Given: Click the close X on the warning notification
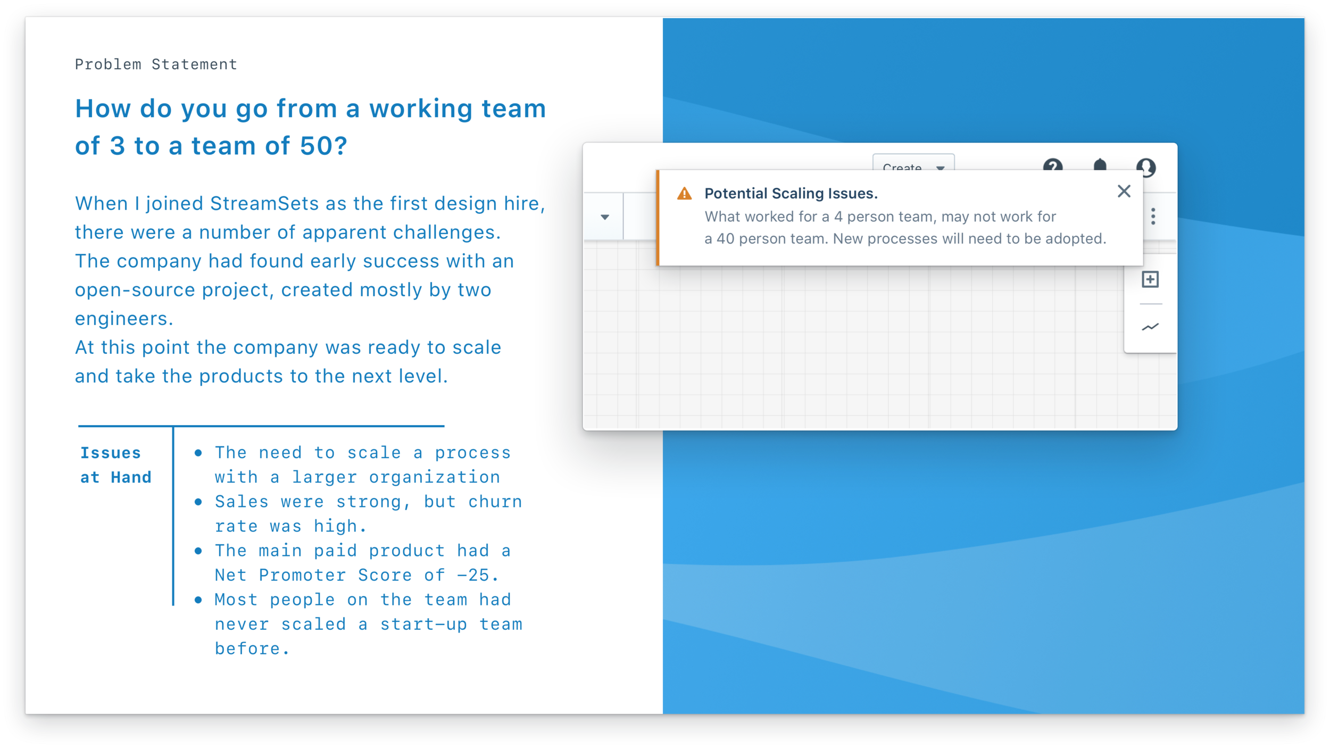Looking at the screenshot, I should tap(1124, 192).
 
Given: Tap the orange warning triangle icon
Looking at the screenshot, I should tap(684, 194).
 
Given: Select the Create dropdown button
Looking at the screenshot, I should tap(913, 165).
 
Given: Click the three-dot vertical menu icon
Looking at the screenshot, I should tap(1153, 217).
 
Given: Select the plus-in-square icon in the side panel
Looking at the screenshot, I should tap(1150, 279).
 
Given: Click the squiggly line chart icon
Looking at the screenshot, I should tap(1150, 327).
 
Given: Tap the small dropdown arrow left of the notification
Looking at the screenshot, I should tap(605, 217).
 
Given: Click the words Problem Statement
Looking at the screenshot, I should tap(156, 64).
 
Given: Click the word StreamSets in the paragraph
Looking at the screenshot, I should tap(264, 204).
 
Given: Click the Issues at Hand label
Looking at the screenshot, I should tap(115, 465).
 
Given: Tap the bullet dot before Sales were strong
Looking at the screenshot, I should tap(198, 502).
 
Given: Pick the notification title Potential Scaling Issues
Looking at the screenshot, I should tap(791, 194).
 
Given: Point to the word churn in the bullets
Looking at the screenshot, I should tap(495, 502).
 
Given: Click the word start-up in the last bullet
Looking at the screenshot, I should tap(423, 624).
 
